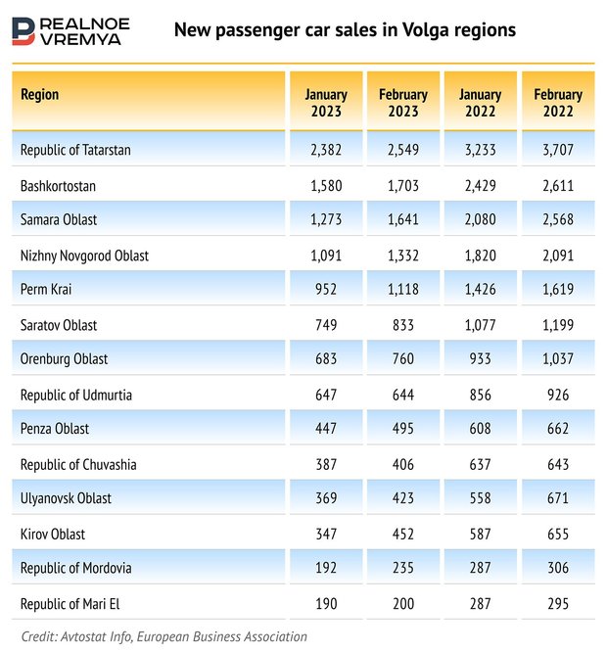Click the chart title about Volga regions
coord(345,29)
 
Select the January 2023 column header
coord(326,103)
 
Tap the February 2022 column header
coord(558,103)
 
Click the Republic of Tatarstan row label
coord(75,150)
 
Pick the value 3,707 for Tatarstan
coord(558,150)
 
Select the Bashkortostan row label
coord(58,185)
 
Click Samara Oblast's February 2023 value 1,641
coord(403,220)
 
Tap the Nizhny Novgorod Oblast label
coord(84,256)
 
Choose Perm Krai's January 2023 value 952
coord(326,290)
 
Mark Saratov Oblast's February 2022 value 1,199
coord(558,325)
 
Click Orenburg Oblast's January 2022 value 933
coord(481,359)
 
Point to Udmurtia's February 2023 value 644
coord(403,395)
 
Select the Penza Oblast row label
coord(54,429)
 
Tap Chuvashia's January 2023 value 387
coord(326,464)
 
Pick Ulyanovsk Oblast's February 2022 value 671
coord(558,498)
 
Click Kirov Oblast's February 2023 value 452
coord(403,534)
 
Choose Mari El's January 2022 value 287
coord(481,603)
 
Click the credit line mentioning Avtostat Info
coord(163,636)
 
